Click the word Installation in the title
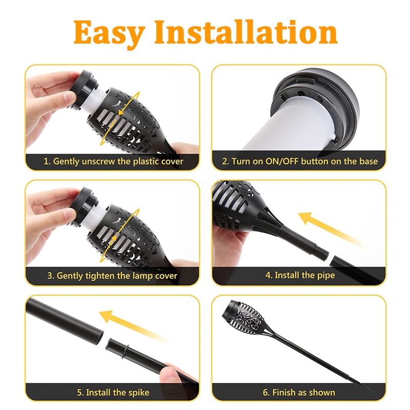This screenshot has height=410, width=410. (246, 32)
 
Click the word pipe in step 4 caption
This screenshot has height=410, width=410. (324, 275)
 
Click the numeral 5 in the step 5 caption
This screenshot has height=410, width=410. (79, 393)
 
